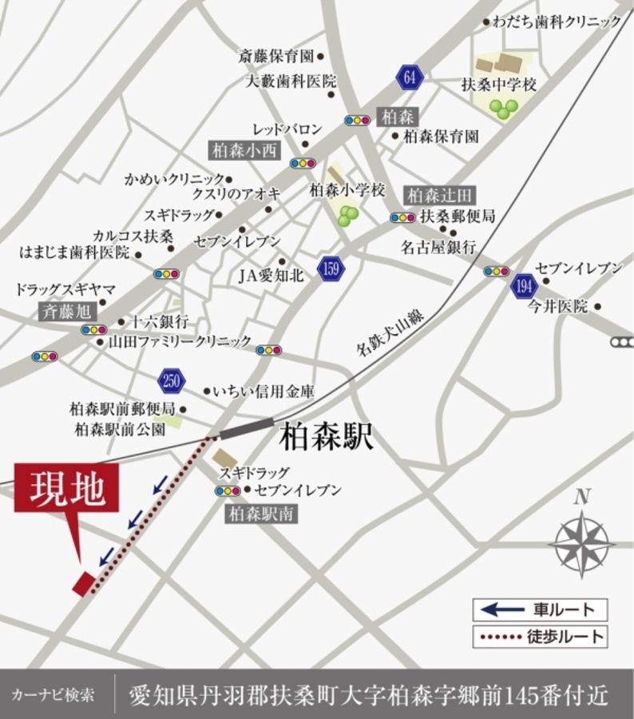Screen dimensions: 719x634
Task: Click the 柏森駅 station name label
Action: pos(327,439)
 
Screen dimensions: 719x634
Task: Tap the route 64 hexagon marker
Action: pos(409,77)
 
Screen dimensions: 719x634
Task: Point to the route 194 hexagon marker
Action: pos(524,286)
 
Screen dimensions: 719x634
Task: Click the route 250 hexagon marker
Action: pos(172,380)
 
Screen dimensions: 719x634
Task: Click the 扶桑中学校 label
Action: pos(499,84)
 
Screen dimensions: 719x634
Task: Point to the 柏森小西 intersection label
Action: pos(244,149)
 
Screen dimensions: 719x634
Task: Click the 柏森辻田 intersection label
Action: pos(441,194)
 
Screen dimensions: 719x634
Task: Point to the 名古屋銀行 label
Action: pos(438,247)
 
